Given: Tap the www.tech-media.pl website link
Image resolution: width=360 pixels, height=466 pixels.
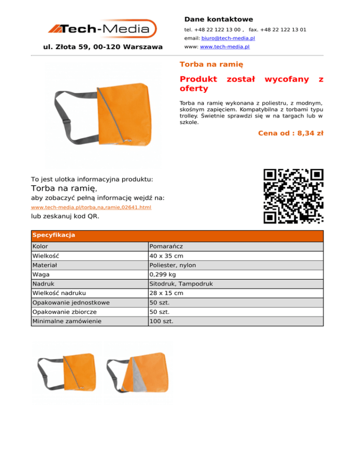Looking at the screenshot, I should click(x=225, y=47).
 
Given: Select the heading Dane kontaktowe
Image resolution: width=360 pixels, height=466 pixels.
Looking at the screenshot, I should click(x=218, y=19).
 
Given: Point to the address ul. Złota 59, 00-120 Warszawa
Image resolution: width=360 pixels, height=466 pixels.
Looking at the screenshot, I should click(x=103, y=47).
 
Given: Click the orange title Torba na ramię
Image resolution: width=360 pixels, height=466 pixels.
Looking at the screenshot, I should click(x=211, y=63).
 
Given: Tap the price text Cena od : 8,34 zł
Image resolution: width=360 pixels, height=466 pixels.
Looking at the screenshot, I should click(x=291, y=134).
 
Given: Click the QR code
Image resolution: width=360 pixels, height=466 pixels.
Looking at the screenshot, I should click(x=293, y=195).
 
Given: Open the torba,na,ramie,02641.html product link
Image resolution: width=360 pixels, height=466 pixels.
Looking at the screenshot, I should click(x=91, y=207).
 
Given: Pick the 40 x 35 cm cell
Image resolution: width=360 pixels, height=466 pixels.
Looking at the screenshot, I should click(x=166, y=256).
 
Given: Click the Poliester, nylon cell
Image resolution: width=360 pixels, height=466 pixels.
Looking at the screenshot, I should click(x=172, y=265).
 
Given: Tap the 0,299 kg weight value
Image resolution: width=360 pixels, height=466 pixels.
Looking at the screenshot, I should click(x=163, y=274).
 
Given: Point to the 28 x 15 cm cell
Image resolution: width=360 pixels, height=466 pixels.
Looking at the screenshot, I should click(x=166, y=293).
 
